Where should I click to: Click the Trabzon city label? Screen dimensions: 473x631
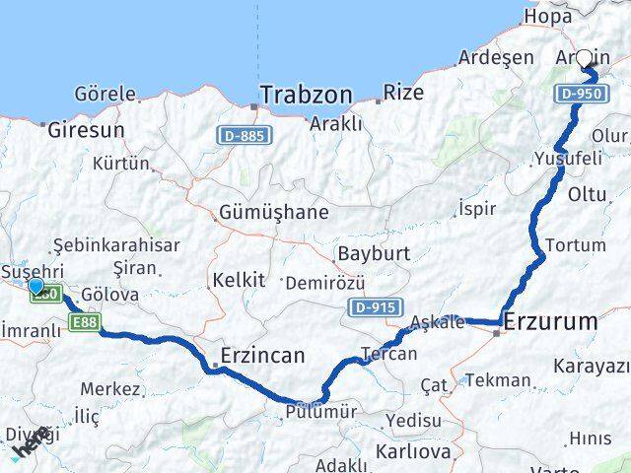305,96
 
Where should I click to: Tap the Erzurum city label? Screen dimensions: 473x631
551,321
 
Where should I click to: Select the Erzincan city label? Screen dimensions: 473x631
261,355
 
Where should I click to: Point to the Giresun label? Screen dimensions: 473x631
86,129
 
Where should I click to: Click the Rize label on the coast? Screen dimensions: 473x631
403,93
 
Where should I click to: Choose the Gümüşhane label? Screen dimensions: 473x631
274,212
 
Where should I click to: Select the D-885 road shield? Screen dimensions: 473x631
241,134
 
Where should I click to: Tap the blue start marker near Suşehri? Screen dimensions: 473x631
36,287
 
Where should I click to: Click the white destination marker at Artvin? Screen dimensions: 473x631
585,59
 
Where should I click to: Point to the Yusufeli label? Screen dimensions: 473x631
565,158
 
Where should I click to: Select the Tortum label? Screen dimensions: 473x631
579,244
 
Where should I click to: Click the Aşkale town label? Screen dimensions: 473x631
437,323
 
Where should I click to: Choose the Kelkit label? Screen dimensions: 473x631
240,280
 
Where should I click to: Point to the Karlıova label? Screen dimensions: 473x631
413,451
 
